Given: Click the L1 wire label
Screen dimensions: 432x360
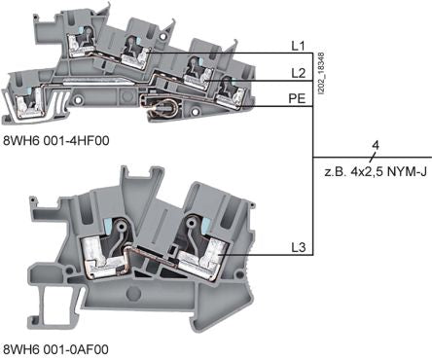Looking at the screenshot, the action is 298,46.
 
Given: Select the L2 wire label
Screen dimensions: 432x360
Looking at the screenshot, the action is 298,73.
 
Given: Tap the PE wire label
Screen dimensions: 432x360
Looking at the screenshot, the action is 297,98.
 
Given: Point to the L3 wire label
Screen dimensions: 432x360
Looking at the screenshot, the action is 298,248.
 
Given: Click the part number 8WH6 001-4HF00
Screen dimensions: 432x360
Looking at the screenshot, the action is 56,140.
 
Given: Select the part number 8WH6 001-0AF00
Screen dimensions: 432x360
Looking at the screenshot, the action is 55,349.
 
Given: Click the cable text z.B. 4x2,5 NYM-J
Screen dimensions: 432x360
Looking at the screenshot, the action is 376,171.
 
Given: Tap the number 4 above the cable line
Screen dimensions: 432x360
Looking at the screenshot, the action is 376,145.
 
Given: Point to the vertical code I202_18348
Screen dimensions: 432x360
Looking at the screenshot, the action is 321,74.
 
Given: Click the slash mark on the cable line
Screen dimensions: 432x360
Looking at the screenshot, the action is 373,158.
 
